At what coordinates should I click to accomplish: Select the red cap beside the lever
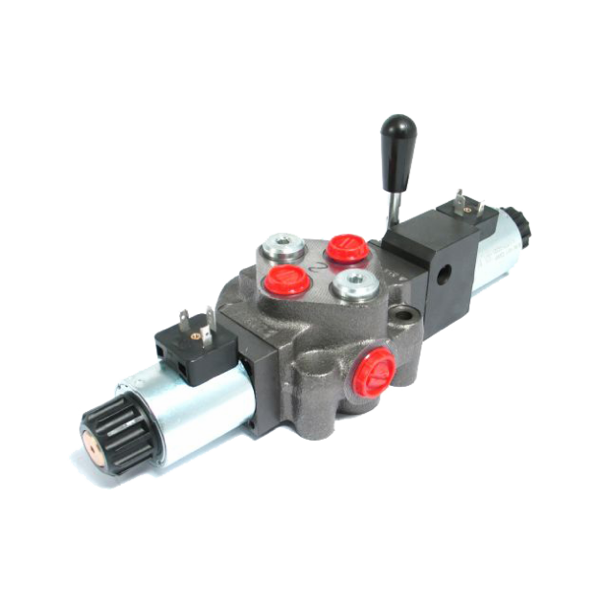click(348, 247)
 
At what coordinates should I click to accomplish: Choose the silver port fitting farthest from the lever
click(284, 245)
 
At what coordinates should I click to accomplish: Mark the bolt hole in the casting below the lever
click(411, 313)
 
